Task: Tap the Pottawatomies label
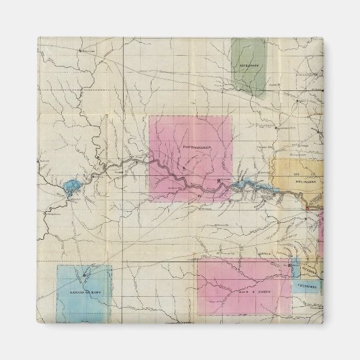tap(198, 147)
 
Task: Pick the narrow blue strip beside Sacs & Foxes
tap(294, 268)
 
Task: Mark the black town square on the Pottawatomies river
tap(219, 180)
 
